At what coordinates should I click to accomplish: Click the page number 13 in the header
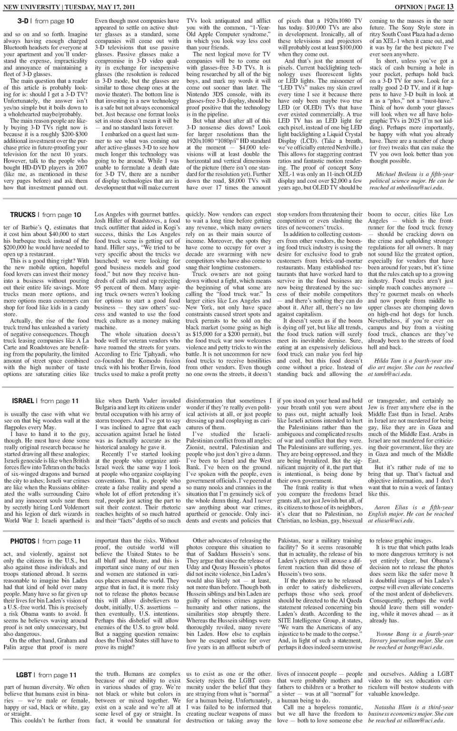click(450, 7)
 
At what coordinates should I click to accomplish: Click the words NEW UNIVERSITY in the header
click(28, 7)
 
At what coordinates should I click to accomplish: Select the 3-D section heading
click(23, 21)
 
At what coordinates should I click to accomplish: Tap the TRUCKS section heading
click(23, 215)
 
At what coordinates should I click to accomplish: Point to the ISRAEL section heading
click(22, 401)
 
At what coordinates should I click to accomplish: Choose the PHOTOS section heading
click(23, 541)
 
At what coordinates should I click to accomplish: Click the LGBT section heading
click(24, 675)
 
